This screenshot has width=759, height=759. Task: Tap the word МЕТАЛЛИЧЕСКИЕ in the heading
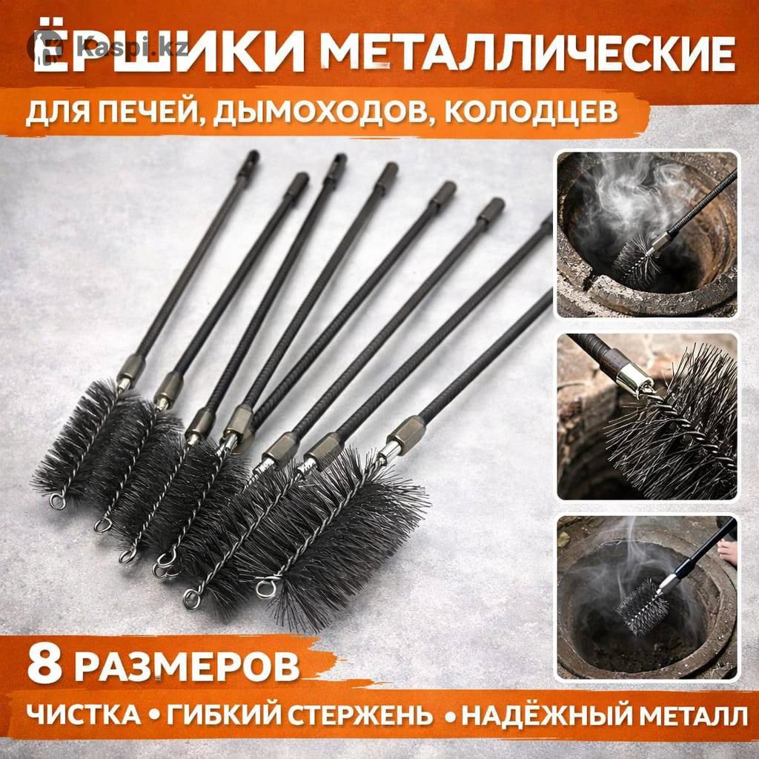[528, 53]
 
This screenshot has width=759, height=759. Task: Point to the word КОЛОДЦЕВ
[531, 112]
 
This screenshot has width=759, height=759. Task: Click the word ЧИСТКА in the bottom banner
[83, 715]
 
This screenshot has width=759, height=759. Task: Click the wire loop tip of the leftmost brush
[58, 502]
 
